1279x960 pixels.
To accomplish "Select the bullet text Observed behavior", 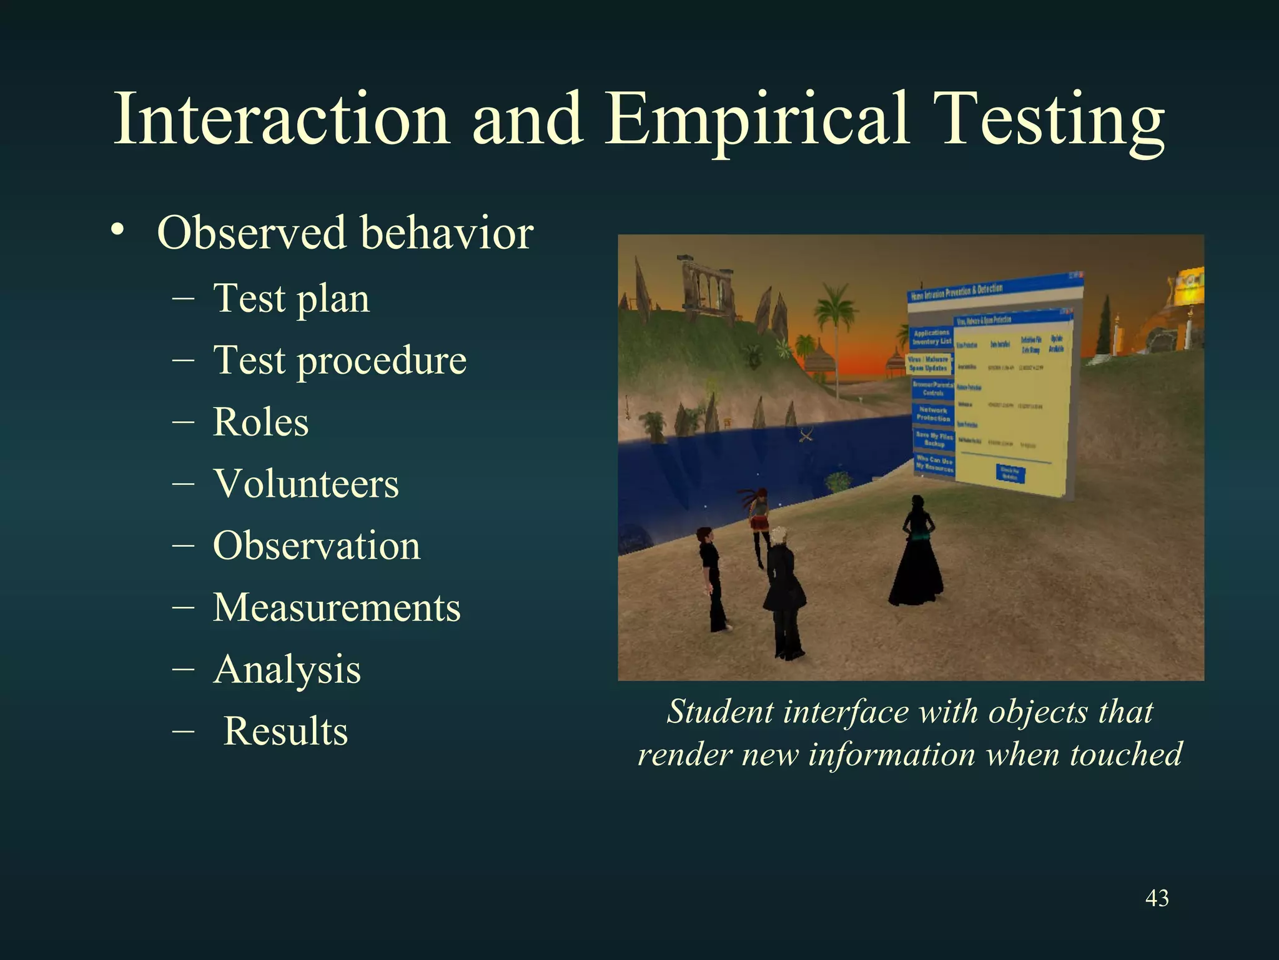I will [345, 233].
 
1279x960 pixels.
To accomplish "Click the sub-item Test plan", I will [291, 299].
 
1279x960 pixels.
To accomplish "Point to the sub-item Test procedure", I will [339, 361].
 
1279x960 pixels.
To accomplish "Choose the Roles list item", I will [260, 422].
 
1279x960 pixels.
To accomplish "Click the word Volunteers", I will [305, 484].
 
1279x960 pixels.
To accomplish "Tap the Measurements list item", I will [337, 607].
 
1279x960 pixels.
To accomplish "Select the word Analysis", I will [287, 669].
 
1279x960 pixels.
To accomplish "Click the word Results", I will [285, 731].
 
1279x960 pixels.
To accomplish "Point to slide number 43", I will [1157, 898].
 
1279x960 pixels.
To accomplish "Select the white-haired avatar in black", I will [783, 594].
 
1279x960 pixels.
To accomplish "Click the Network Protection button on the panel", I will [932, 414].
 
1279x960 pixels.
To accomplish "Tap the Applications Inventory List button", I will [931, 337].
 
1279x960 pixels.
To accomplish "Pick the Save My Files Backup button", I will [934, 439].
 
